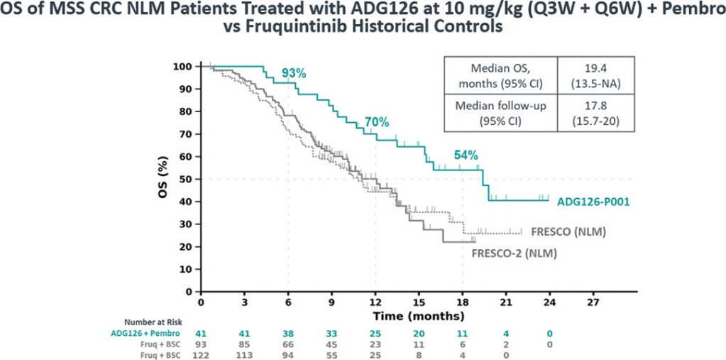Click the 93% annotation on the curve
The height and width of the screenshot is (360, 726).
coord(294,73)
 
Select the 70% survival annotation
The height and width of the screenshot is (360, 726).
coord(377,122)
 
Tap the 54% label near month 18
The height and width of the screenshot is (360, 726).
coord(466,155)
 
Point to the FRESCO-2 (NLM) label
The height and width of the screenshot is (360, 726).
coord(514,253)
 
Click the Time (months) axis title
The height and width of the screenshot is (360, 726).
coord(420,315)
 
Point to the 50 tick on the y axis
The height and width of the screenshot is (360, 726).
coord(185,179)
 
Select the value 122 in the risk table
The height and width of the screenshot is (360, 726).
coord(201,355)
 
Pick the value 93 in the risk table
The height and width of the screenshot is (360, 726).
coord(201,344)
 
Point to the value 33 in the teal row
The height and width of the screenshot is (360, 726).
coord(331,332)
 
